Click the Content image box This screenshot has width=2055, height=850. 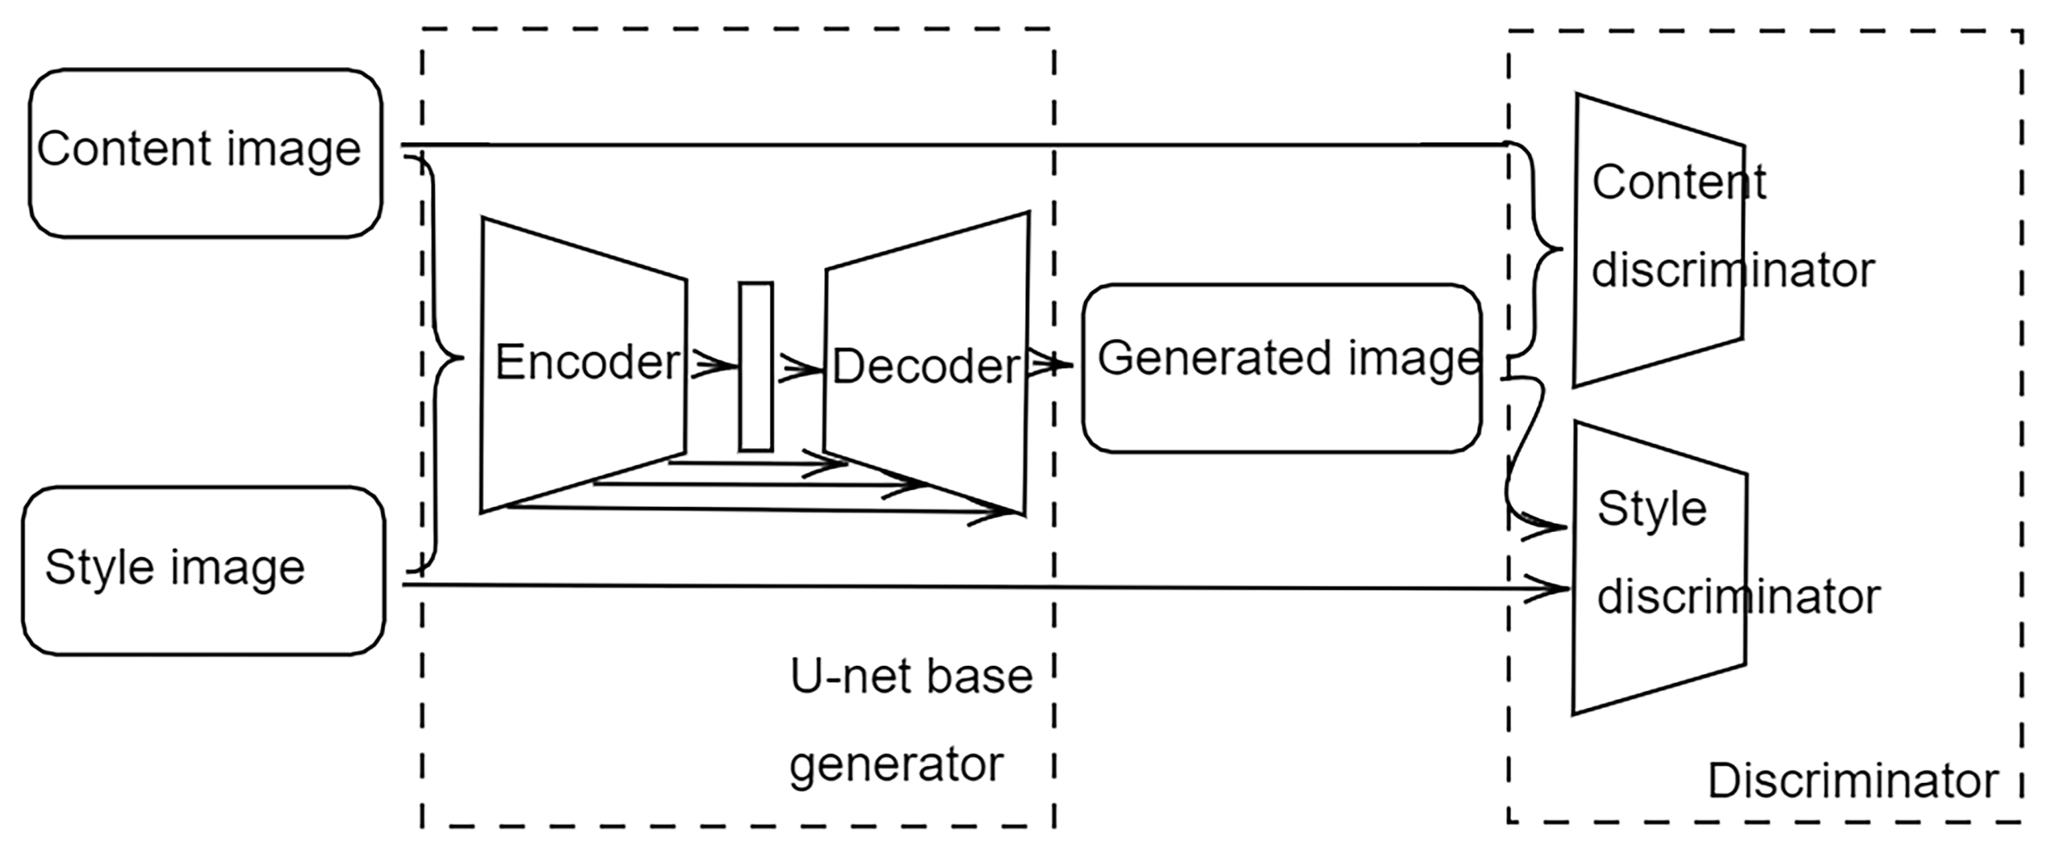point(205,153)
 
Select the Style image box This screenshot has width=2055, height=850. point(204,571)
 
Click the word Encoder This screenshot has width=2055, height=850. point(587,362)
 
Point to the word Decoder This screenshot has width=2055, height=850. point(925,366)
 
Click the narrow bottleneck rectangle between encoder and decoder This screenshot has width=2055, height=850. point(755,366)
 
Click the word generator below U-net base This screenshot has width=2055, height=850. point(895,765)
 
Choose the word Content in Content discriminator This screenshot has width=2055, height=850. point(1679,182)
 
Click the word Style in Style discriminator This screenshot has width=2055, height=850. point(1651,508)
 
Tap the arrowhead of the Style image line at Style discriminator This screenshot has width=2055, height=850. point(1551,589)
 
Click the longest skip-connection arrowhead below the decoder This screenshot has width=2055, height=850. point(997,514)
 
